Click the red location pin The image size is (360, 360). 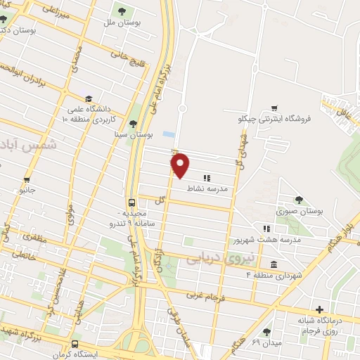(x=181, y=165)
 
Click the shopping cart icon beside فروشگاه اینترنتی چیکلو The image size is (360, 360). (x=274, y=108)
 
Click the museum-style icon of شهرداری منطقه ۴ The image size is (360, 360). (x=273, y=264)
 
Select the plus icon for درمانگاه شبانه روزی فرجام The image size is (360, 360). (x=320, y=309)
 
